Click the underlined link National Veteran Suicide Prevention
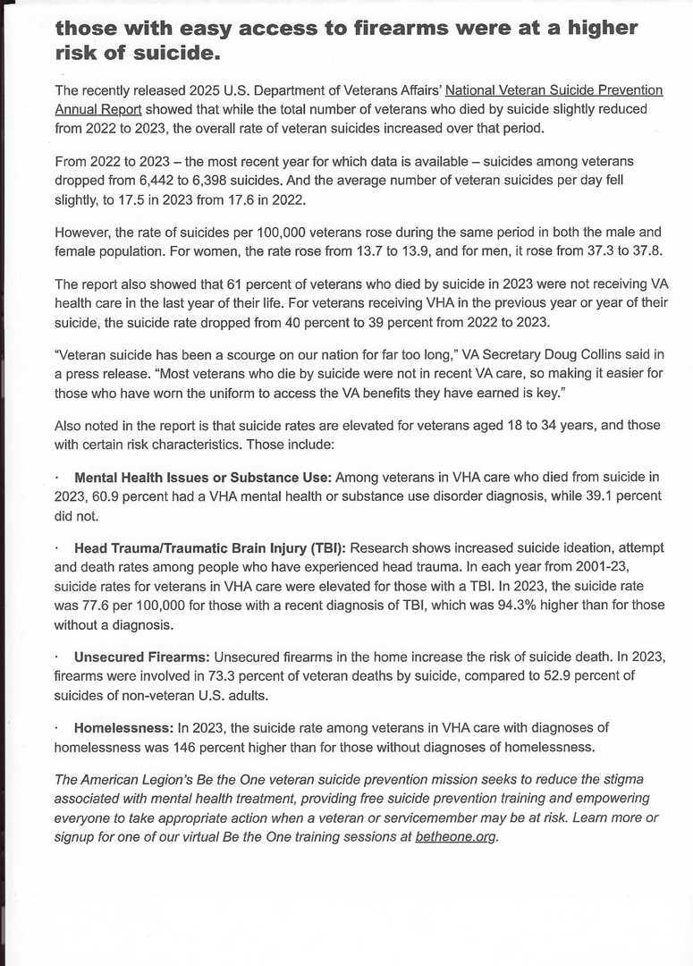coord(554,90)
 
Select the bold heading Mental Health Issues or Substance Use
coord(203,477)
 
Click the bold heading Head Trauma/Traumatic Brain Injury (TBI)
coord(210,547)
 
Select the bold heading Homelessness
coord(123,727)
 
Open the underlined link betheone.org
coord(455,836)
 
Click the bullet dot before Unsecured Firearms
coord(57,656)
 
